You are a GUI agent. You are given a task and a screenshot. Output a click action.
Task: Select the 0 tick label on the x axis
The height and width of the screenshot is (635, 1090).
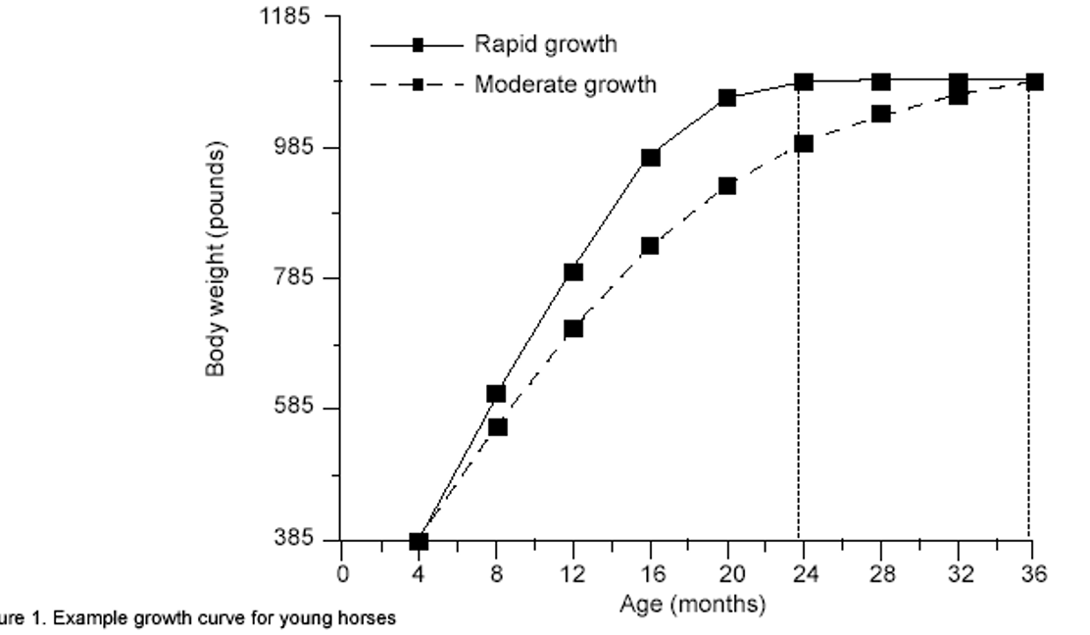point(342,575)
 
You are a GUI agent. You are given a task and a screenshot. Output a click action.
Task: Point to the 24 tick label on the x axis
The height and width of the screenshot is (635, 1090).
point(804,575)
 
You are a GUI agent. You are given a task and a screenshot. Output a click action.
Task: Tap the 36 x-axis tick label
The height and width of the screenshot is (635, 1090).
point(1034,575)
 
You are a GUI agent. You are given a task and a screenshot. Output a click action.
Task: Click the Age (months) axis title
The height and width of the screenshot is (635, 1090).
point(692,605)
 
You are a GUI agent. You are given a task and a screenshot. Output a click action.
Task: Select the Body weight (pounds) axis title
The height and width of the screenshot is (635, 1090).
point(217,259)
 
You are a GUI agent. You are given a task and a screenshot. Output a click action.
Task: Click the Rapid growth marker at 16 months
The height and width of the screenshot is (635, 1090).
point(650,157)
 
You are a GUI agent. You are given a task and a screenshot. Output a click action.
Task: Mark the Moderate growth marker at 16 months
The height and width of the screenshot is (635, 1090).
point(650,246)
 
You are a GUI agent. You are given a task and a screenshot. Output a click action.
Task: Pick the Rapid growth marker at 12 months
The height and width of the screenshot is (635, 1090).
point(573,271)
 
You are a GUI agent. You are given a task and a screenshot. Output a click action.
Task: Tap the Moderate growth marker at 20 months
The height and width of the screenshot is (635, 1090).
point(727,186)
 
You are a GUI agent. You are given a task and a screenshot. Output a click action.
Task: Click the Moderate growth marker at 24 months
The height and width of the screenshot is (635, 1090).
point(804,144)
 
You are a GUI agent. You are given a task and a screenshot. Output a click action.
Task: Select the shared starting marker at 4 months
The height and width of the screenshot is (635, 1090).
point(419,541)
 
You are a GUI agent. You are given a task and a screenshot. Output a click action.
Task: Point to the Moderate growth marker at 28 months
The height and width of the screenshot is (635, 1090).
point(880,114)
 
